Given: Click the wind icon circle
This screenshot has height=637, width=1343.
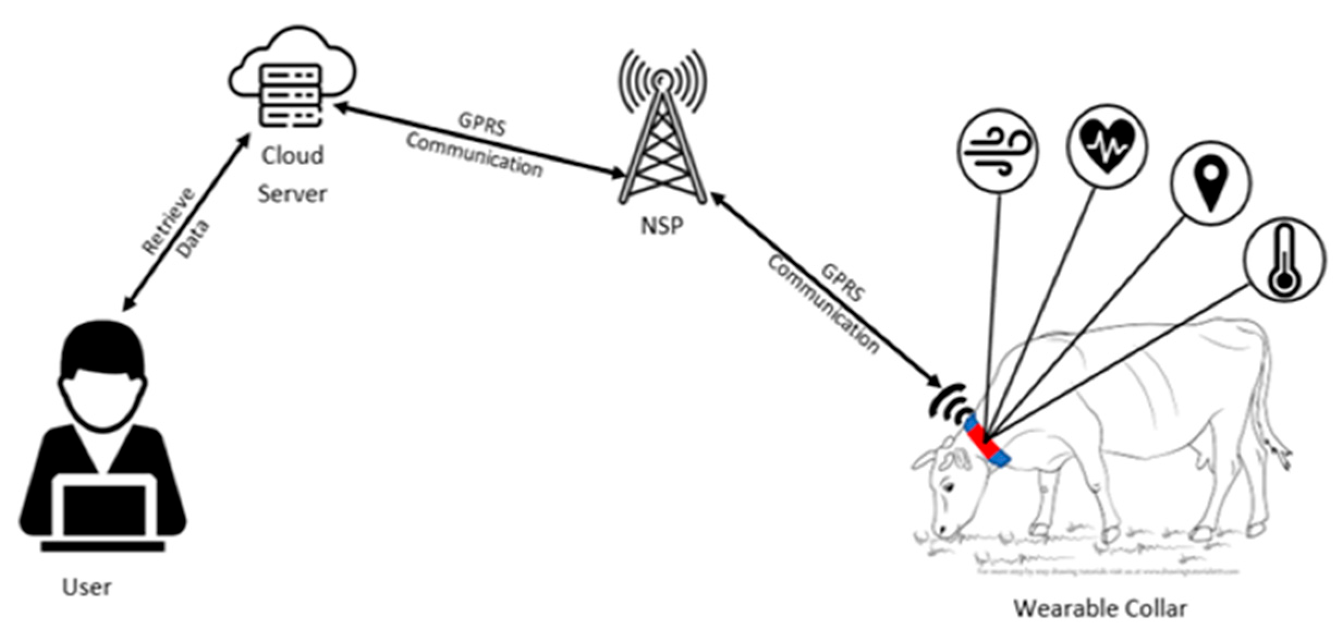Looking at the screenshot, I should coord(998,151).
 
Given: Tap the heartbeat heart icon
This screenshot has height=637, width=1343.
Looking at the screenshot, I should coord(1107,146).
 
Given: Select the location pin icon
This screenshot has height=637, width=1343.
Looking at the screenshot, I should coord(1210,183).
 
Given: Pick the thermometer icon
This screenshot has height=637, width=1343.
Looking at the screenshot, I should coord(1284,260).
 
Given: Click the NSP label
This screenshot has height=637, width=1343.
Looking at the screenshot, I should coord(661,225).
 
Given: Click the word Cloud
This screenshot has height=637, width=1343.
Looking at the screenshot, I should coord(292,156).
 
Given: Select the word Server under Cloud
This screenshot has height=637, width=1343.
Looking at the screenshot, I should coord(292,194).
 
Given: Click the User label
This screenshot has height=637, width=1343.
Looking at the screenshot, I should coord(87,587).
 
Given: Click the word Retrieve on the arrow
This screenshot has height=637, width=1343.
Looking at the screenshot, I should coord(168,220).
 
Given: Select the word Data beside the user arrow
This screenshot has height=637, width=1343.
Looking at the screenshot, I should coord(193,240).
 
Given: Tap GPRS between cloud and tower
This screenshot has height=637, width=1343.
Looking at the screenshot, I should coord(481,124).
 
